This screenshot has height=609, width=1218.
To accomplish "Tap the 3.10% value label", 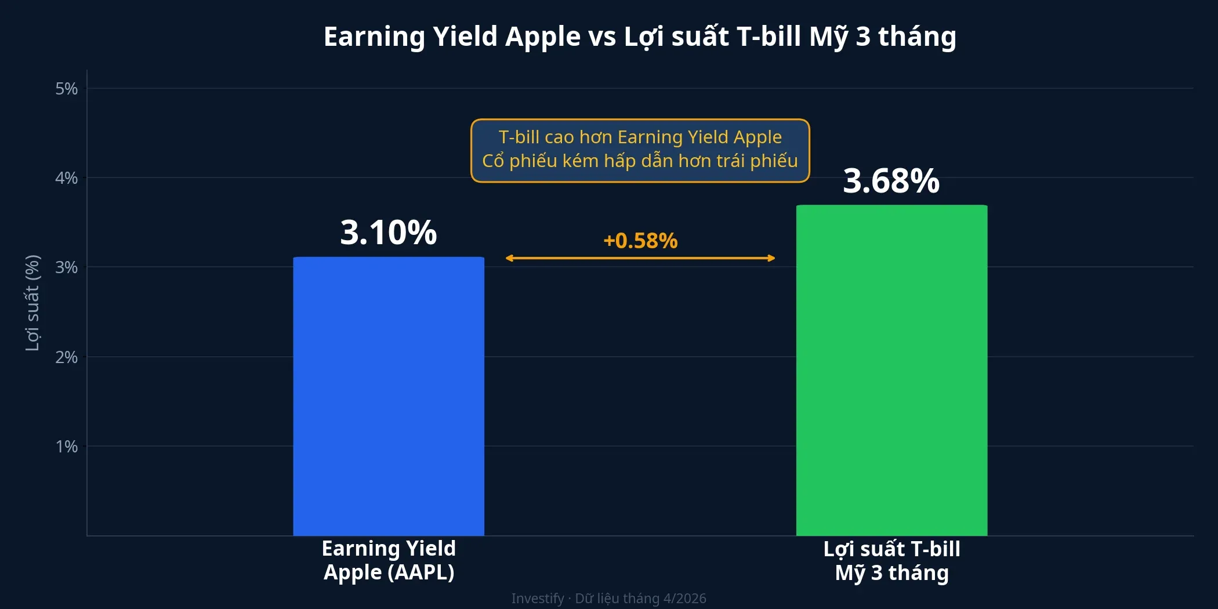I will (388, 233).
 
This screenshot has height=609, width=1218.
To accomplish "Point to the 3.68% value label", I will (891, 181).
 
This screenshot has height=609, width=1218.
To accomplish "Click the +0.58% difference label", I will (640, 241).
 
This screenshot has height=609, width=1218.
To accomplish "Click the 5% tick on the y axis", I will (66, 89).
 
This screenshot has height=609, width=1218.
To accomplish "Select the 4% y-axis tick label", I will (66, 178).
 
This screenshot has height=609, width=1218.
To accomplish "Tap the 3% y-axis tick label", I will (66, 267).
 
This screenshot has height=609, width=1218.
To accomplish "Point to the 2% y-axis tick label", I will (66, 357).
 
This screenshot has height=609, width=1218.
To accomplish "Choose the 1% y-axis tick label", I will (66, 447).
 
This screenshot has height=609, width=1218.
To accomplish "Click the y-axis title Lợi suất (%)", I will (32, 303).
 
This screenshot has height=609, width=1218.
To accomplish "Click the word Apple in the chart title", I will (542, 37).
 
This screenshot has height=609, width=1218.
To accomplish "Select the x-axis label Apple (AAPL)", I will (389, 572).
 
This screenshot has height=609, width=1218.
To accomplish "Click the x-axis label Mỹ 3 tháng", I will (891, 573).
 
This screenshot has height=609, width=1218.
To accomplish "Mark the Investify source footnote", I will (608, 598).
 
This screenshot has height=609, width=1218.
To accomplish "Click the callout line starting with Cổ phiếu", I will (640, 161).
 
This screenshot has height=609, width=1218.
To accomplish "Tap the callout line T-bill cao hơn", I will (640, 137).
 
